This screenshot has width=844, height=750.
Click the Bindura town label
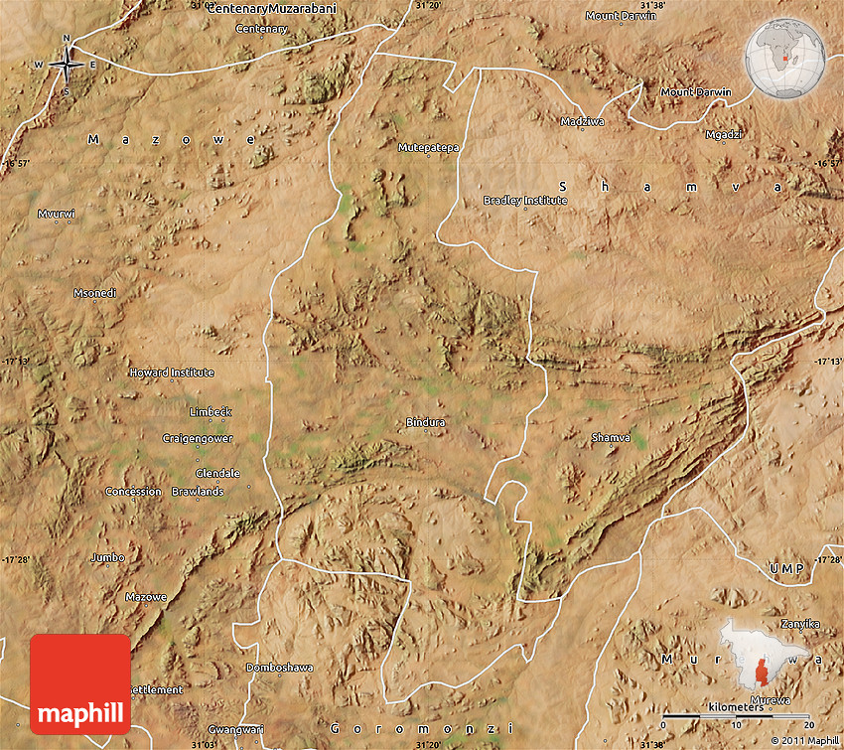[x=425, y=422]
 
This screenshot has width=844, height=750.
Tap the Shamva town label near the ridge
[x=610, y=437]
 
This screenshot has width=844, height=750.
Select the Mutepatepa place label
[x=429, y=147]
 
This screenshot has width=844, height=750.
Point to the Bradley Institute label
[x=525, y=200]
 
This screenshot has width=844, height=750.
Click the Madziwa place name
[x=582, y=121]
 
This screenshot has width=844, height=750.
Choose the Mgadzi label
[x=723, y=134]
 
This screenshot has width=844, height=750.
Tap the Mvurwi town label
[x=57, y=214]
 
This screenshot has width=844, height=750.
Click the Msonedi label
[x=95, y=293]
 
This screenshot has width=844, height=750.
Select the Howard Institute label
[x=172, y=373]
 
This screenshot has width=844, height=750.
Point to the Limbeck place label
[x=211, y=411]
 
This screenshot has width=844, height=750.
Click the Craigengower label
[x=199, y=438]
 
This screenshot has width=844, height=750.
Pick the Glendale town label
[x=217, y=473]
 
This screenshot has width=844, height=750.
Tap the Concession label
[x=133, y=492]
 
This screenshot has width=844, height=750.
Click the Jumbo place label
[x=108, y=557]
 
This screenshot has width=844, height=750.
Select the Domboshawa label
[x=279, y=668]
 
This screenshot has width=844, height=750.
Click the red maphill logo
[x=80, y=684]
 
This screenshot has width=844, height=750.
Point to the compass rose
[x=67, y=66]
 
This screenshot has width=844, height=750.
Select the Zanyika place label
[x=799, y=623]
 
